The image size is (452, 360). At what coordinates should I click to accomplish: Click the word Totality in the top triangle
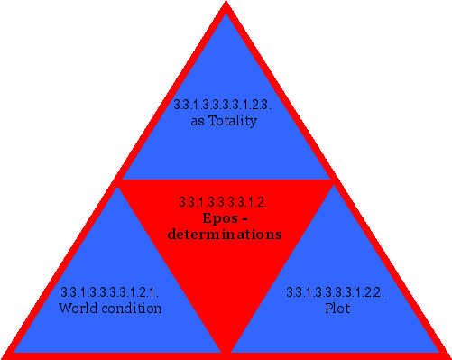233,121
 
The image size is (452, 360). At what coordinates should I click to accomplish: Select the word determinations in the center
225,235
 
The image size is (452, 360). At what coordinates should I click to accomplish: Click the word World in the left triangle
76,309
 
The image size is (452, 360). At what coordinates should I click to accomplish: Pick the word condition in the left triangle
128,309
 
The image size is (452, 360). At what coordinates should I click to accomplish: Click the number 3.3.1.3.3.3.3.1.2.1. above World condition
109,292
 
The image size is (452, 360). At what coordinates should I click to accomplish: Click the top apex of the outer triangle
226,5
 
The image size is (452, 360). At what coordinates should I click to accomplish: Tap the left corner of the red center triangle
120,181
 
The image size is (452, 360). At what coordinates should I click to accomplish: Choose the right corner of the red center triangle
331,181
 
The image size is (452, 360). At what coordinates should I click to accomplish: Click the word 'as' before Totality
198,121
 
